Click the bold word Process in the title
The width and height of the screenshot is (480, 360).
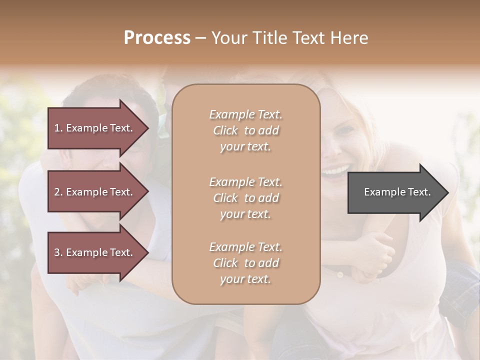157,38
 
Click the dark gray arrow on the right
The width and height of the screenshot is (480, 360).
395,192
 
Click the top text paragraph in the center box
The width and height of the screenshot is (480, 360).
245,130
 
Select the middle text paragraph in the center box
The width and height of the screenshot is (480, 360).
245,198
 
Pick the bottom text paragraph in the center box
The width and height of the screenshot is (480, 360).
245,263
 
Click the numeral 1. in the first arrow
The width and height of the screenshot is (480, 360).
58,128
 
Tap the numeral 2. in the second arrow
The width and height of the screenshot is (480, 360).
58,192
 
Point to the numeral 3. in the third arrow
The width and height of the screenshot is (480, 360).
58,252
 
